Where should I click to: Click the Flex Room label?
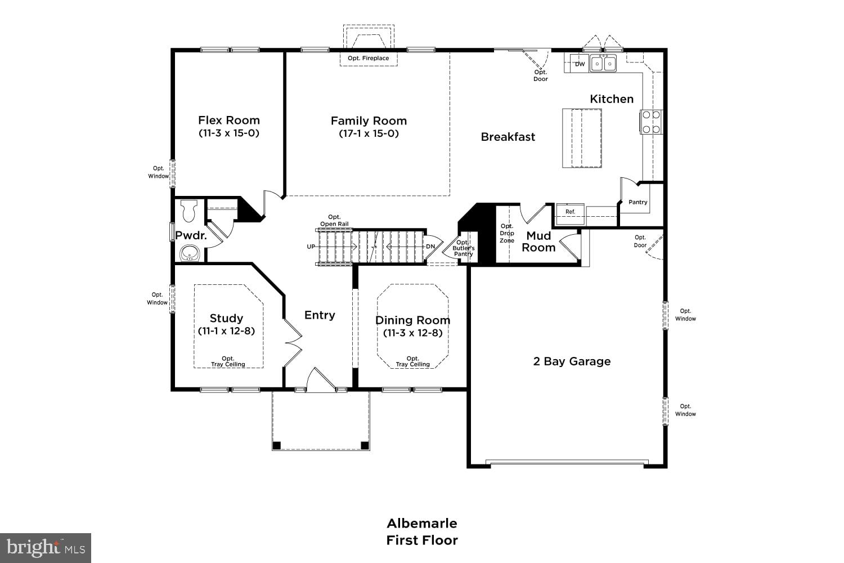click(x=228, y=120)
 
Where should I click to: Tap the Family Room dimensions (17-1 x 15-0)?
click(x=369, y=133)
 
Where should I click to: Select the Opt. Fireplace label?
click(x=368, y=59)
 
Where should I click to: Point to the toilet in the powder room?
click(x=189, y=211)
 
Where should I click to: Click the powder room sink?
click(x=191, y=253)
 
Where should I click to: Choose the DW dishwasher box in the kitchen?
click(x=580, y=64)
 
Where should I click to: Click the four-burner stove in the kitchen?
click(x=651, y=122)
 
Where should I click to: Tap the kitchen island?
click(x=581, y=138)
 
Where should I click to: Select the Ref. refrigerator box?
click(x=570, y=212)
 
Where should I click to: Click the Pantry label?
click(x=638, y=202)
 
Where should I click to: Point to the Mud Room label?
click(x=538, y=242)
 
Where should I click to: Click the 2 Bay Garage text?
click(x=572, y=361)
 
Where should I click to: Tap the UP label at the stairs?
click(x=311, y=247)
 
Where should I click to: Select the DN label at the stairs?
click(x=430, y=247)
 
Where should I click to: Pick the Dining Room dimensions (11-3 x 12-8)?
click(x=412, y=333)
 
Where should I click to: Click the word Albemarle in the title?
click(x=421, y=523)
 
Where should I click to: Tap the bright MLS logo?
click(x=46, y=547)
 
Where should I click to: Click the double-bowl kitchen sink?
click(x=603, y=63)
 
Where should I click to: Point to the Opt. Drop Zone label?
click(x=506, y=233)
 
